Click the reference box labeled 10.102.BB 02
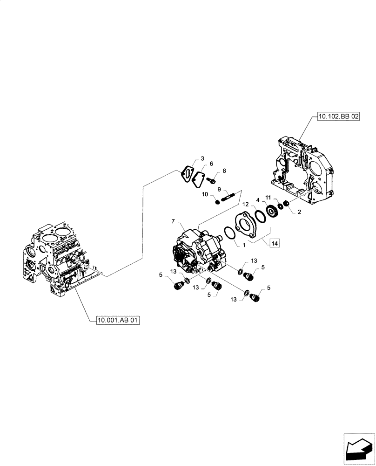(x=339, y=116)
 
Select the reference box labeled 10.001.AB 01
(x=118, y=320)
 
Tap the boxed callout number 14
(x=274, y=243)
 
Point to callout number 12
(x=244, y=203)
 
